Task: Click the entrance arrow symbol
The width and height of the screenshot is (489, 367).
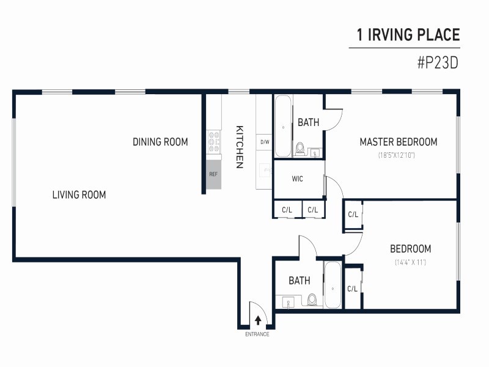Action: click(258, 320)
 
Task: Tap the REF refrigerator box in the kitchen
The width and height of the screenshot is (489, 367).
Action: click(213, 174)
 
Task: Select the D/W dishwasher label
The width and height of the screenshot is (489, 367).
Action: click(265, 142)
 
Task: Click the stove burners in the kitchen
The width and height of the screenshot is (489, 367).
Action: click(214, 142)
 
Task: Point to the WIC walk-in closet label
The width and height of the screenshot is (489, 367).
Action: click(297, 179)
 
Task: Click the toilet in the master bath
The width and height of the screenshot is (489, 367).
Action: click(300, 149)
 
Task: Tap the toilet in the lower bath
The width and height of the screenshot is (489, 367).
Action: click(312, 300)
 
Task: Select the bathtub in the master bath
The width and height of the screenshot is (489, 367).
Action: click(283, 126)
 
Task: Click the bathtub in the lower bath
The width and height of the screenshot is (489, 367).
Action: click(333, 284)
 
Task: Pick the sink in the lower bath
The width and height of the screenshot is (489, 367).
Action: click(289, 302)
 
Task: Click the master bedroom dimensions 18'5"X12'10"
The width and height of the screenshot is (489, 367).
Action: click(396, 155)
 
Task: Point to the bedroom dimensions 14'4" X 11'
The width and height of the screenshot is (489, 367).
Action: click(410, 262)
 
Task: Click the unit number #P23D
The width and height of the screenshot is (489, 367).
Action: click(438, 63)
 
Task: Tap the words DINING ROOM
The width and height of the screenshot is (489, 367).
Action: click(160, 142)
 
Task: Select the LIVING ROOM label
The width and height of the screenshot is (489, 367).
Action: click(79, 195)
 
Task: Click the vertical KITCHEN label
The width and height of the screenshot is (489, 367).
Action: click(240, 147)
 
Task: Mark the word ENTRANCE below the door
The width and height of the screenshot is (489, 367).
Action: click(257, 334)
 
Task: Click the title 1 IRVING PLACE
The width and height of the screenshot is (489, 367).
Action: click(408, 35)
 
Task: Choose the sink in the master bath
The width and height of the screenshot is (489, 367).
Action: click(315, 152)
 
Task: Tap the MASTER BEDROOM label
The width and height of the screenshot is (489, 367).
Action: click(399, 142)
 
